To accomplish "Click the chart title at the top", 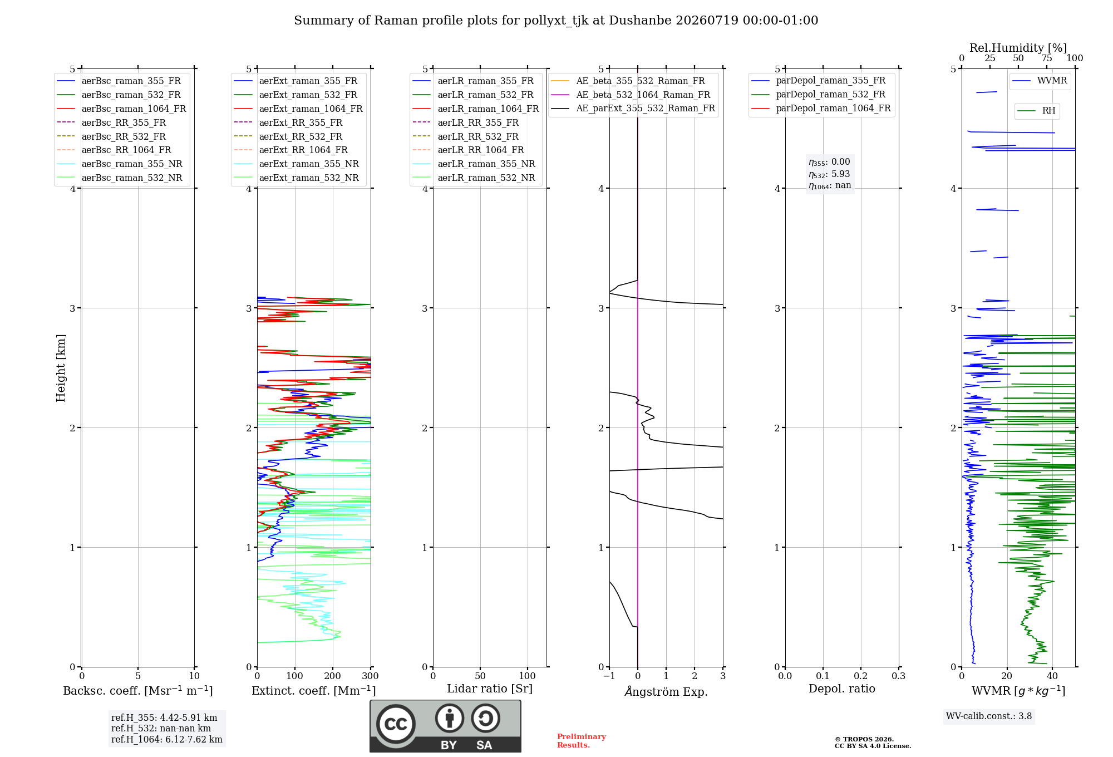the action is [556, 21].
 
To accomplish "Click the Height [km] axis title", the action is [61, 368].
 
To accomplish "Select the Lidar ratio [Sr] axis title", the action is [490, 689].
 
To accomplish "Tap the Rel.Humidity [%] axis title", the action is [1018, 48].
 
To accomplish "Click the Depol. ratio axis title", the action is [842, 689].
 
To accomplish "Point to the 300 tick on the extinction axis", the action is [371, 676].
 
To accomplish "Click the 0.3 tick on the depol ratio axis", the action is [899, 676].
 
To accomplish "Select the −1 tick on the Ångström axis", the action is [609, 676].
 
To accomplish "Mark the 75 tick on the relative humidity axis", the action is [1047, 58].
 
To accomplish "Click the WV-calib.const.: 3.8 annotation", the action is [989, 716].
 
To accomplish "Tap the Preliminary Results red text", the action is [582, 741].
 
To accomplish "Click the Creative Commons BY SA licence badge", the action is [446, 726].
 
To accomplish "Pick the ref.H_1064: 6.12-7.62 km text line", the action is [167, 740].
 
